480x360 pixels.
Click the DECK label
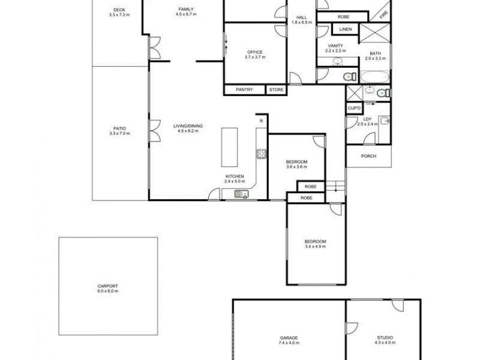[x=119, y=9]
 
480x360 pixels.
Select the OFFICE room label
[x=255, y=52]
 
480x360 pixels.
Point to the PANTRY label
[x=245, y=90]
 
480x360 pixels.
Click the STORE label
[x=275, y=90]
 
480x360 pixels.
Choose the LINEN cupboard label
[x=345, y=29]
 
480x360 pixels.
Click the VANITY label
[x=335, y=46]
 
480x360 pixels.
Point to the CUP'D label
[x=354, y=107]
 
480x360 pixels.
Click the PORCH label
[x=368, y=156]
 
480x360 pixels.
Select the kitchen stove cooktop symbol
[x=261, y=154]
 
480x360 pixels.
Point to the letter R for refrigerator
[x=262, y=121]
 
